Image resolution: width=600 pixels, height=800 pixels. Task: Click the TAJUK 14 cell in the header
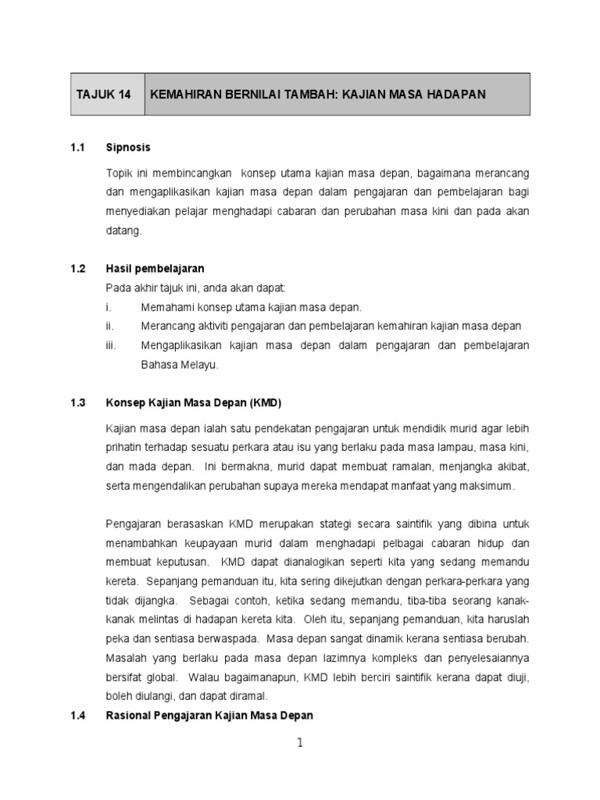point(103,95)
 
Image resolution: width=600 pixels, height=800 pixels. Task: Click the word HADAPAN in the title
point(456,95)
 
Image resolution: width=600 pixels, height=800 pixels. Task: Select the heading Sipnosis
point(128,147)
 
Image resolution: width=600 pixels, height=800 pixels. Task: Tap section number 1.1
point(77,147)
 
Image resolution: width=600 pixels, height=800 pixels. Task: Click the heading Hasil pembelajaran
point(155,268)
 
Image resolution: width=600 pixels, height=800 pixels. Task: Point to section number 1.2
point(77,268)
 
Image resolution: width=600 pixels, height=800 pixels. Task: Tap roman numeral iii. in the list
point(110,345)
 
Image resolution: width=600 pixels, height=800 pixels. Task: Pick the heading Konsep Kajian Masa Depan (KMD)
point(193,403)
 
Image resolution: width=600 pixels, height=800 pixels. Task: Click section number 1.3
point(77,403)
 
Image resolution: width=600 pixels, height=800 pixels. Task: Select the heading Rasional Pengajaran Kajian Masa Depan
point(209,715)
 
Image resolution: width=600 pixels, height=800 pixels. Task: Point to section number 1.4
point(77,715)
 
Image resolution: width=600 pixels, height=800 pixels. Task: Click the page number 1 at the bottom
point(299,744)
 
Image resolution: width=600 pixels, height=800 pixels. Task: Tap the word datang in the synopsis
point(123,230)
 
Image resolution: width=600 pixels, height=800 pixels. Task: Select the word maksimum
point(490,486)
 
